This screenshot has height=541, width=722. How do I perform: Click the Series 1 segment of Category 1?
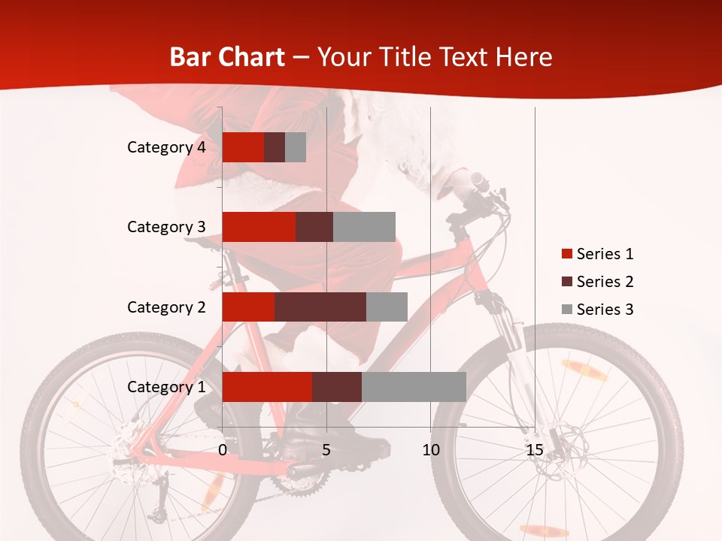(x=267, y=387)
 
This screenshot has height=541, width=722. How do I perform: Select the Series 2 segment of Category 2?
(x=320, y=307)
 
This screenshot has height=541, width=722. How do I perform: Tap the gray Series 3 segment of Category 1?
(x=414, y=387)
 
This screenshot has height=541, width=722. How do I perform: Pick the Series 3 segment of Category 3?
(x=364, y=227)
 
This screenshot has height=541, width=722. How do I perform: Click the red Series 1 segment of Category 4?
(x=243, y=147)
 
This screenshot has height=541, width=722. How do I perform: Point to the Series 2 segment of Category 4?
(x=275, y=147)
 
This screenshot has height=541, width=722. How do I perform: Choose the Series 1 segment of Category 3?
(x=259, y=227)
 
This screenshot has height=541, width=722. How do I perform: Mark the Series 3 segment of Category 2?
(x=387, y=307)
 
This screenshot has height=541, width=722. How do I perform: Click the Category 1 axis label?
(x=166, y=387)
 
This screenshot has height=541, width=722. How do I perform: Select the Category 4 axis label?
(x=166, y=147)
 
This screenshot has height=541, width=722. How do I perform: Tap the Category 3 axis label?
(x=166, y=227)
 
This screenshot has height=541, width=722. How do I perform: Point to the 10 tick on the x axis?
(x=430, y=450)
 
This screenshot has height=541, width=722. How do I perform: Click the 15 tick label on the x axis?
(x=535, y=450)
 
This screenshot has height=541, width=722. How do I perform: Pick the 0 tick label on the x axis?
(x=223, y=450)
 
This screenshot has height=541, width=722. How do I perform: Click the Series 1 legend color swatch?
(x=566, y=254)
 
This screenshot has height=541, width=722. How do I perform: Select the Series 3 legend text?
(x=605, y=310)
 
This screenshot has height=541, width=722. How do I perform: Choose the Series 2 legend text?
(x=605, y=282)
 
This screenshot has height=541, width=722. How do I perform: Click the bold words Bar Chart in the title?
(x=227, y=57)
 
